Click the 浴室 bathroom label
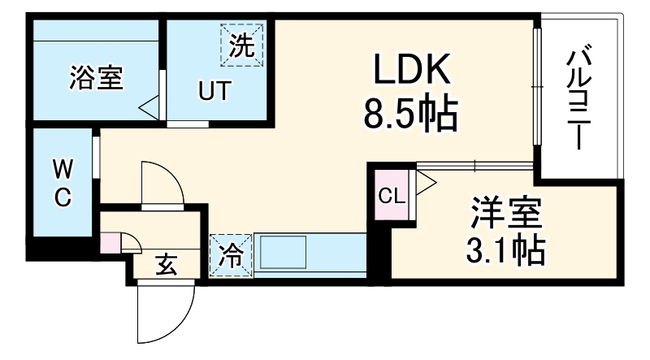click(96, 77)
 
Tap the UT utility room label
click(214, 91)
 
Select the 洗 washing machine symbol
click(242, 45)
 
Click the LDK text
click(412, 69)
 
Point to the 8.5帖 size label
click(411, 114)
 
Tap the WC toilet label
click(63, 184)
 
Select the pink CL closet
click(392, 195)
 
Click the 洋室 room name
click(505, 213)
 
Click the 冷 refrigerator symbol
click(231, 255)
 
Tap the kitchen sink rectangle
click(283, 252)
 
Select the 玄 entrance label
click(167, 265)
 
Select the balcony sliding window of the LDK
click(537, 86)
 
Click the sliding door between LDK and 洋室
click(474, 167)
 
